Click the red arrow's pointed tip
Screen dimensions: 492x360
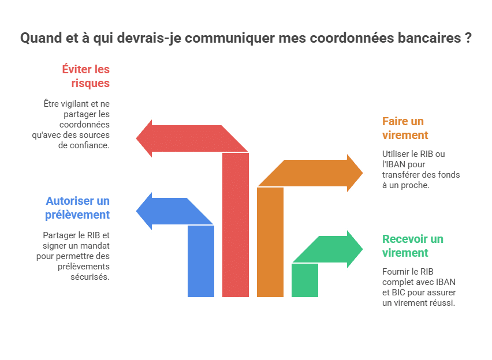136,138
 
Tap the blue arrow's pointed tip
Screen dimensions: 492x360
136,211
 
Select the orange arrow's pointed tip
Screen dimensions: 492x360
363,172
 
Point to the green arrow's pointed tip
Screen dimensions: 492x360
363,249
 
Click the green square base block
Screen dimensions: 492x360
305,280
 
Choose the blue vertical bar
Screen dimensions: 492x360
201,261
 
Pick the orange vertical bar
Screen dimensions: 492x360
270,242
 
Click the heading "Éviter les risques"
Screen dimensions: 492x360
85,76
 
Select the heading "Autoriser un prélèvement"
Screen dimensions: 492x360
77,208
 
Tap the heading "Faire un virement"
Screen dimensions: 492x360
405,128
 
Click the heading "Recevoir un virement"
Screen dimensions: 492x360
413,246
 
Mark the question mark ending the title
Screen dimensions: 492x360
468,38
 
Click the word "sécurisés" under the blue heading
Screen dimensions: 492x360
90,277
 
